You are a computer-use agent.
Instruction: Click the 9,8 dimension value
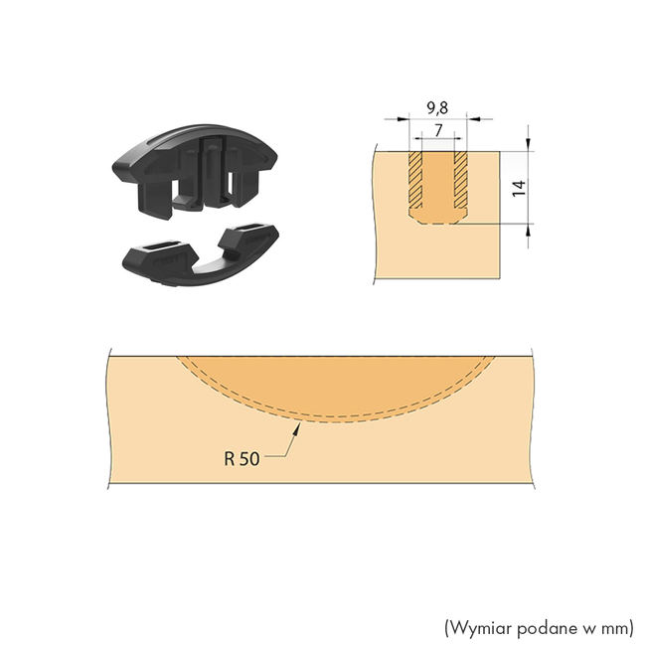coord(437,108)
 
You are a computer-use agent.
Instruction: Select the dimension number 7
coord(438,131)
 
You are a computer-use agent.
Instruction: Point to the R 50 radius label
coord(242,458)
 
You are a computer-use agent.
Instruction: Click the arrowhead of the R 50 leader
coord(296,427)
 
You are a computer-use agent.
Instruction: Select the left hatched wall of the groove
coord(415,180)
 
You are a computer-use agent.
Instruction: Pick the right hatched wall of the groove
coord(460,180)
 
